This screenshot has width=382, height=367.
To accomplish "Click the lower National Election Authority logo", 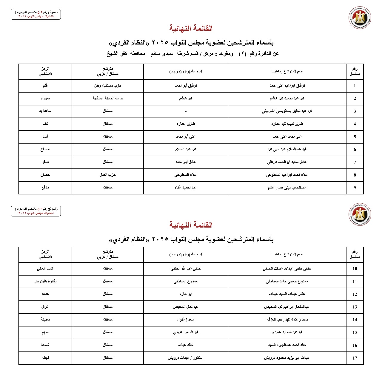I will pos(360,215).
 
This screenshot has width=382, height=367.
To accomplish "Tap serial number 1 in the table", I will pos(355,86).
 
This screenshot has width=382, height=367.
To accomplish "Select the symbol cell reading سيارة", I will pos(45,98).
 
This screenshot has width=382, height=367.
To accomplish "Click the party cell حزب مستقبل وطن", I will pos(108,86).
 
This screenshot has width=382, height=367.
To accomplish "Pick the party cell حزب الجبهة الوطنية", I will pos(108,98).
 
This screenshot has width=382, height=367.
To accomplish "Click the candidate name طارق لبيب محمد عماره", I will pos(287,124).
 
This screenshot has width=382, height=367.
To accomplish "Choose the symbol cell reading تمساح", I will pos(45,149).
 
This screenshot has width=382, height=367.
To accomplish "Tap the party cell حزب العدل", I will pos(108,175).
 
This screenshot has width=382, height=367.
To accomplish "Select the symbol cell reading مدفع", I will pos(45,188).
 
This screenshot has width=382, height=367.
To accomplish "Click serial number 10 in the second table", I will pos(355,269).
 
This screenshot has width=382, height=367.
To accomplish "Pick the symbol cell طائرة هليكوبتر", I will pos(45,281).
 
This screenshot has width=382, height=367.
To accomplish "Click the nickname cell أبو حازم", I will pos(186,294).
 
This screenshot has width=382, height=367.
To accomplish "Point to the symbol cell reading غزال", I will pos(45,307).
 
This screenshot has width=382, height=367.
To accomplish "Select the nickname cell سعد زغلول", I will pos(186,320).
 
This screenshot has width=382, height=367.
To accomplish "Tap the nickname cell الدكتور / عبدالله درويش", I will pos(186,358).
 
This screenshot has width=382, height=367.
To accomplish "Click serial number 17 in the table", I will pos(355,358).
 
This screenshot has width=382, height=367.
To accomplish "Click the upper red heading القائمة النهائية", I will pos(191,29).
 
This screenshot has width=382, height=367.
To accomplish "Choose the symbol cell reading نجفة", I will pos(45,358).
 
